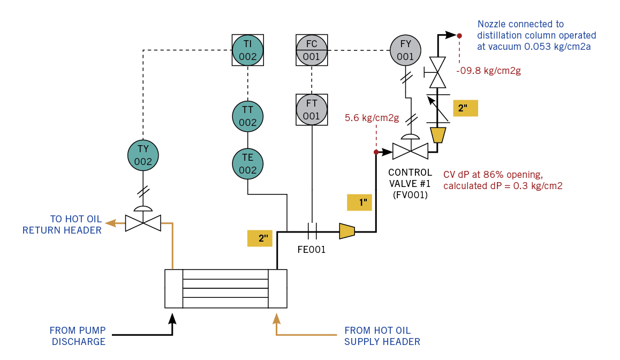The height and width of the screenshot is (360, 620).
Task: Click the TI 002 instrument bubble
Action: click(247, 50)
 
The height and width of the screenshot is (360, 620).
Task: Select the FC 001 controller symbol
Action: click(312, 50)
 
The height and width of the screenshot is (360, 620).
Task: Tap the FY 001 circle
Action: click(405, 50)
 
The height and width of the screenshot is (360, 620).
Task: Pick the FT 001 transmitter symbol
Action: click(312, 110)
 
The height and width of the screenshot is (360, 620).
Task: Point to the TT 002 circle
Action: click(247, 117)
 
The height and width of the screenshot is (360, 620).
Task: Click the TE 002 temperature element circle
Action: click(247, 164)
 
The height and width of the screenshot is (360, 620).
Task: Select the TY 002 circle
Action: click(143, 156)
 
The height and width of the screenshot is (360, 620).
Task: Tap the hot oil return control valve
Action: click(143, 222)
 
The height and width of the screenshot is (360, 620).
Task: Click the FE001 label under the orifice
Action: click(312, 250)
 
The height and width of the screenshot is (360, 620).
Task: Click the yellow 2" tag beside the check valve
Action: click(464, 108)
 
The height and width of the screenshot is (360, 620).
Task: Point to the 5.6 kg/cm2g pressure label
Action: click(372, 118)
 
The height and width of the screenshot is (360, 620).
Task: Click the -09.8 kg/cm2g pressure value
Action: click(488, 70)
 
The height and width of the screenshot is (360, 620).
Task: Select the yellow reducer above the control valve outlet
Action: click(438, 135)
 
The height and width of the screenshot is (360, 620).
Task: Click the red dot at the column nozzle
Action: click(459, 35)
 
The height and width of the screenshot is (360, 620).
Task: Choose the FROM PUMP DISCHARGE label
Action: click(78, 336)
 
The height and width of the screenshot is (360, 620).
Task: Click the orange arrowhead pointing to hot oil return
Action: click(110, 222)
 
